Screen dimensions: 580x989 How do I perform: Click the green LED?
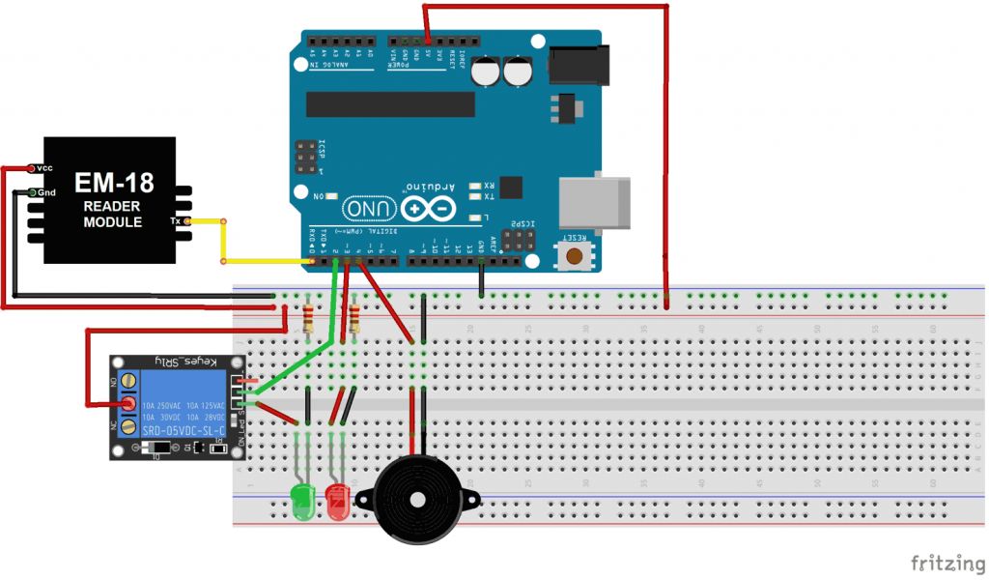pos(302,500)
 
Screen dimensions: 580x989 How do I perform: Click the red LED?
pos(337,502)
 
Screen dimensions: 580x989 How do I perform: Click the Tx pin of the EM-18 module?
pos(188,221)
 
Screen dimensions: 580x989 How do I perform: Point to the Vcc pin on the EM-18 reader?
pos(33,168)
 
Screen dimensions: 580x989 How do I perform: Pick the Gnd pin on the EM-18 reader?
pos(33,192)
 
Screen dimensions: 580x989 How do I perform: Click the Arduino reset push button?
pos(577,255)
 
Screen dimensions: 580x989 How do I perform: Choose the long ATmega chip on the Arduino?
pos(390,104)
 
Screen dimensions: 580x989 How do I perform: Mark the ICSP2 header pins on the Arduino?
pos(522,241)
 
